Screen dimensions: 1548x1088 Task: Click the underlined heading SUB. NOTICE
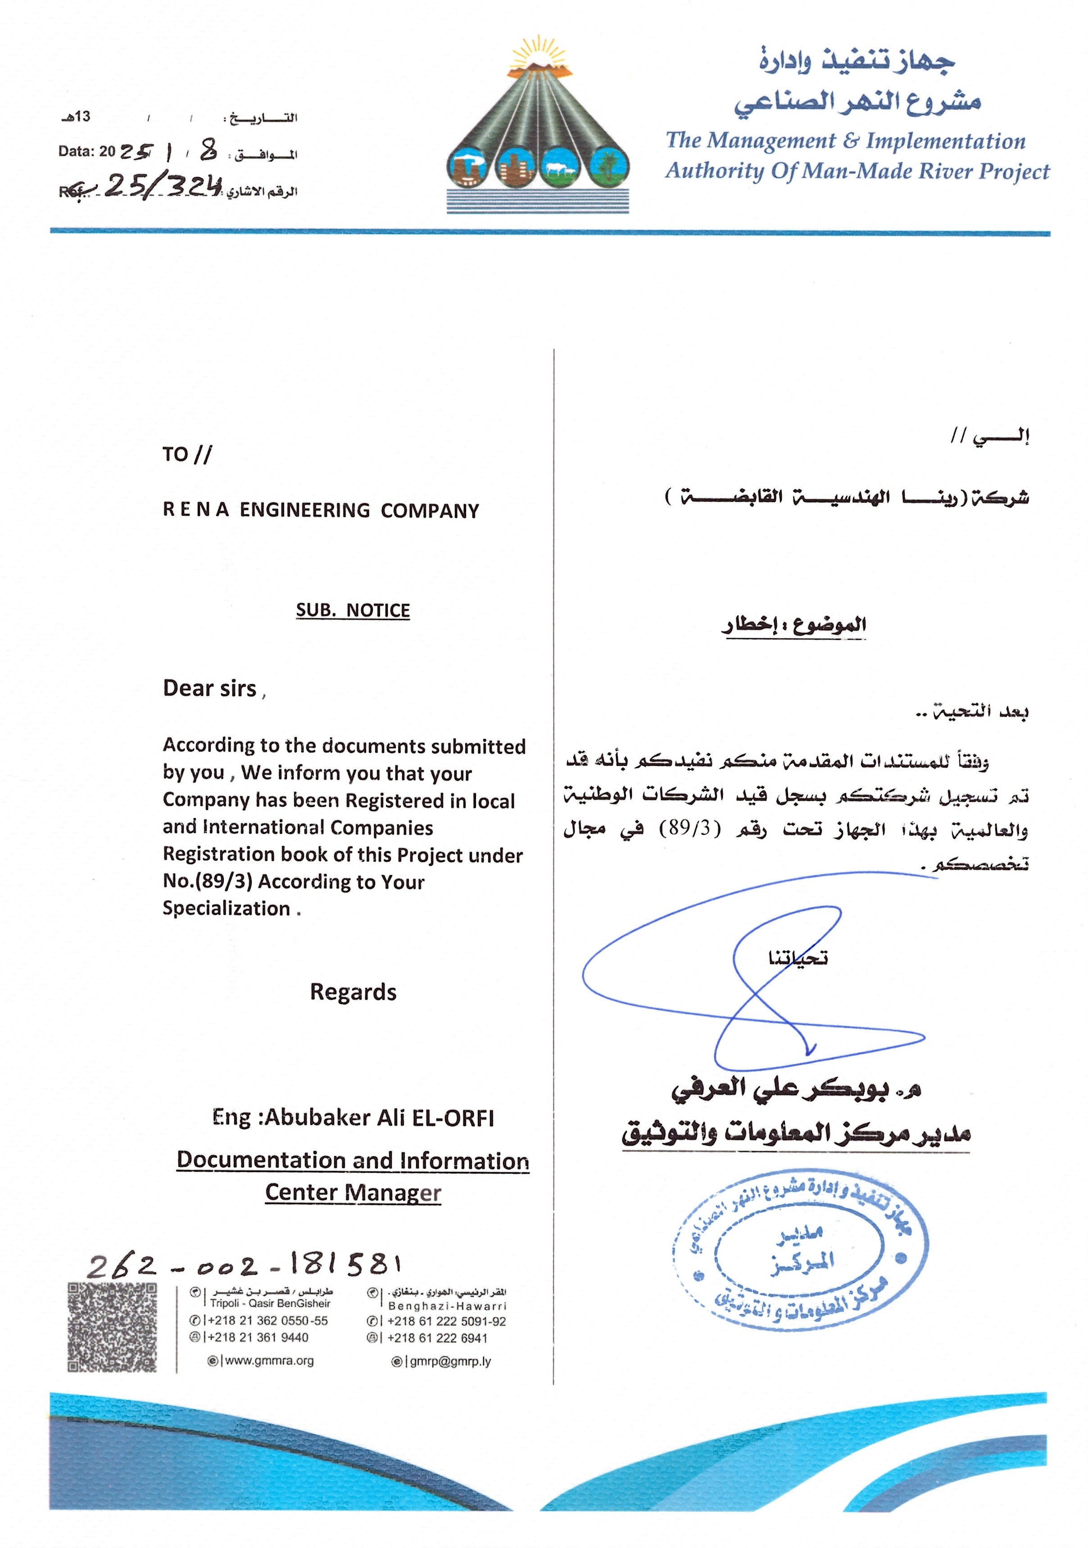point(353,610)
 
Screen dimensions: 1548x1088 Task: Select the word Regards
point(353,992)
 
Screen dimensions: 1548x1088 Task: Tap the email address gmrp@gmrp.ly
point(450,1361)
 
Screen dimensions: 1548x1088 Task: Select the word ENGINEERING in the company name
point(305,510)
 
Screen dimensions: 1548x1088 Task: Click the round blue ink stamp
point(799,1255)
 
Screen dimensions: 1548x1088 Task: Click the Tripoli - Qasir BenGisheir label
point(270,1303)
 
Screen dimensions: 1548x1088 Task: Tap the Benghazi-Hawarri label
point(447,1305)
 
